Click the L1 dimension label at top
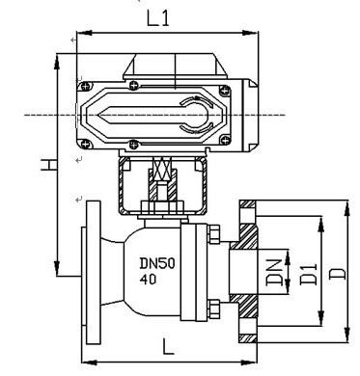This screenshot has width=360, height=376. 158,18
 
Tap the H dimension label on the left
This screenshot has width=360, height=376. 49,164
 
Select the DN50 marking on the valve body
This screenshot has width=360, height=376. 157,263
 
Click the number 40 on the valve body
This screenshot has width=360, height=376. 148,279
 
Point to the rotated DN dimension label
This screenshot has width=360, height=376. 274,273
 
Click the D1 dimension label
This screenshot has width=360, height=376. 308,274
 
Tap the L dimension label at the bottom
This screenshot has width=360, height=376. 168,346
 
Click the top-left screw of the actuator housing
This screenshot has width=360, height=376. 86,86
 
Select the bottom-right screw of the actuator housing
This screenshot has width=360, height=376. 226,140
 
